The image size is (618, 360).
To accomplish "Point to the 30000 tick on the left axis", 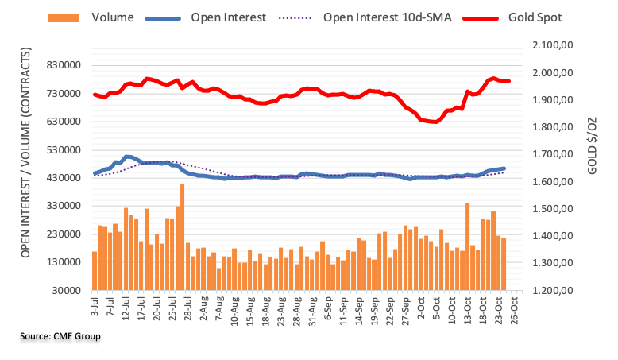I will (67, 290).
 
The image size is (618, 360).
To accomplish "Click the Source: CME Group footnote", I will (60, 337).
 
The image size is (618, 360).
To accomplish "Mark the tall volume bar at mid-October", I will (467, 246).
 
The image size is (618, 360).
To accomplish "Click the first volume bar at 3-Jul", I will (94, 270).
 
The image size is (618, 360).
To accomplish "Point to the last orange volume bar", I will (504, 264).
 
